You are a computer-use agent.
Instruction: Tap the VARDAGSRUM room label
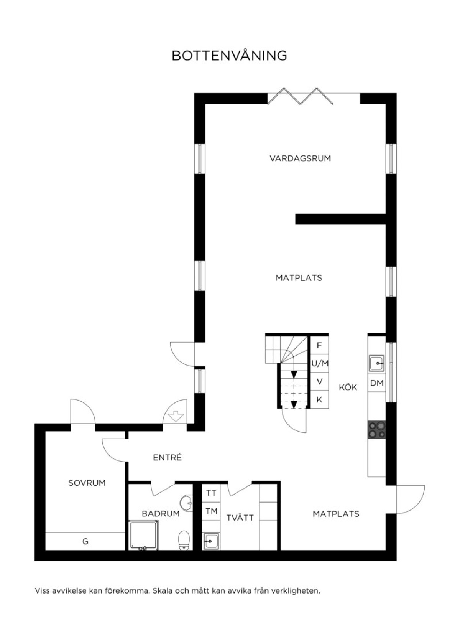(x=300, y=158)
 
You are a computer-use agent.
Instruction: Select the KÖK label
(x=348, y=387)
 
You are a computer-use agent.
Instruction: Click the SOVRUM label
(x=87, y=483)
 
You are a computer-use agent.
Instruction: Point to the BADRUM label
(x=161, y=514)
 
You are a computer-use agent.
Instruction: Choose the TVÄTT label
(x=240, y=518)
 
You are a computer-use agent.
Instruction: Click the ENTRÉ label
(x=168, y=457)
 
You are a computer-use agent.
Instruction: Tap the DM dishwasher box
(x=377, y=383)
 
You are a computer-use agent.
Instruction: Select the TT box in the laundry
(x=211, y=493)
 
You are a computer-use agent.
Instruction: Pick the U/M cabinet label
(x=320, y=364)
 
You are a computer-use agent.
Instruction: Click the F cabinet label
(x=319, y=345)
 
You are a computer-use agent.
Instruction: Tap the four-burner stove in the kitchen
(x=377, y=430)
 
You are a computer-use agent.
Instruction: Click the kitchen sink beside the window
(x=376, y=363)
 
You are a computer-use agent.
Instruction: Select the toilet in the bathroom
(x=184, y=540)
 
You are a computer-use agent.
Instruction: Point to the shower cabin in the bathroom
(x=143, y=535)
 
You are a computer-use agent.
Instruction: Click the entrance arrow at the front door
(x=176, y=415)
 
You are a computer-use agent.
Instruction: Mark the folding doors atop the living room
(x=300, y=96)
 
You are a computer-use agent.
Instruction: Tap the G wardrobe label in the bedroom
(x=85, y=541)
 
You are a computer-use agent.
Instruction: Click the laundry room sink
(x=211, y=541)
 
